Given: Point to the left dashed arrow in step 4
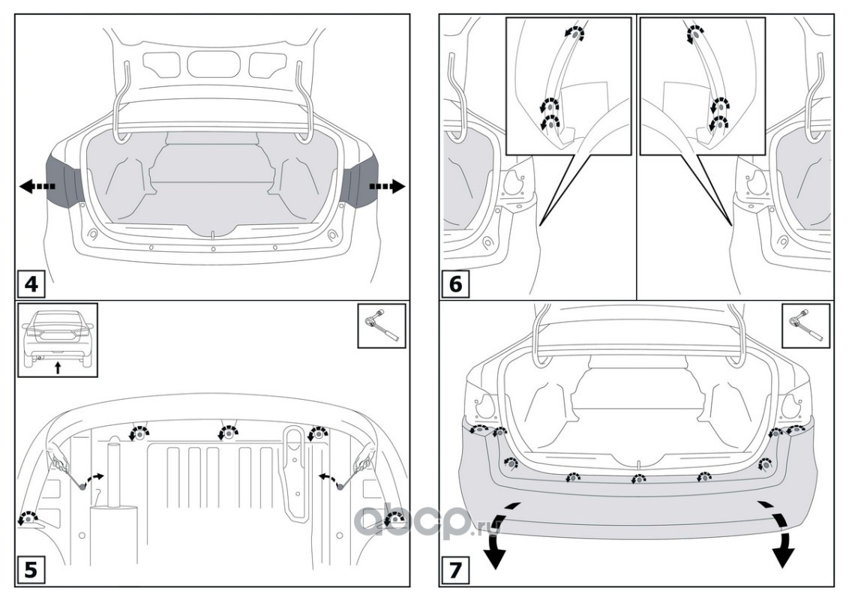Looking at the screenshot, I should click(x=33, y=187).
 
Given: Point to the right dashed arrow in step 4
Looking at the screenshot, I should click(x=388, y=186).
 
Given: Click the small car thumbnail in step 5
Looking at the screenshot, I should click(x=58, y=338).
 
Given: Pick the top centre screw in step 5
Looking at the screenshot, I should click(x=226, y=433).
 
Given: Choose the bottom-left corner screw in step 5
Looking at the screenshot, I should click(x=28, y=517).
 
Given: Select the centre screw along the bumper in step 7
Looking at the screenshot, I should click(x=637, y=478).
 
